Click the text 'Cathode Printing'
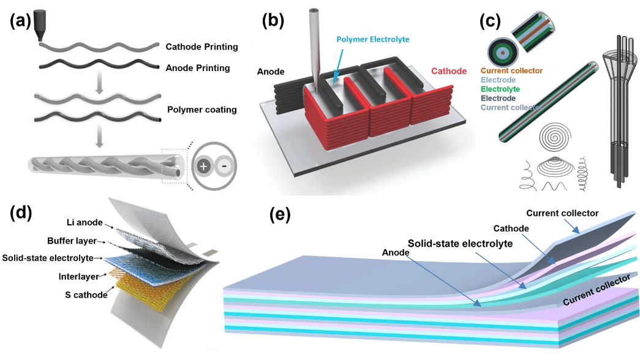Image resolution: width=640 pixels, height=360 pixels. tap(201, 47)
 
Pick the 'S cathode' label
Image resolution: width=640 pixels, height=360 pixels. tap(85, 295)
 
